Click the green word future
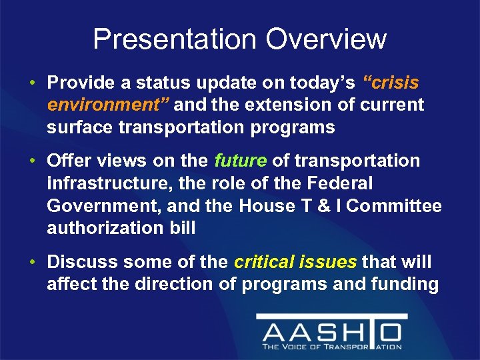pos(240,161)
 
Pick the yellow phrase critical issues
pos(295,262)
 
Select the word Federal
pos(340,183)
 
